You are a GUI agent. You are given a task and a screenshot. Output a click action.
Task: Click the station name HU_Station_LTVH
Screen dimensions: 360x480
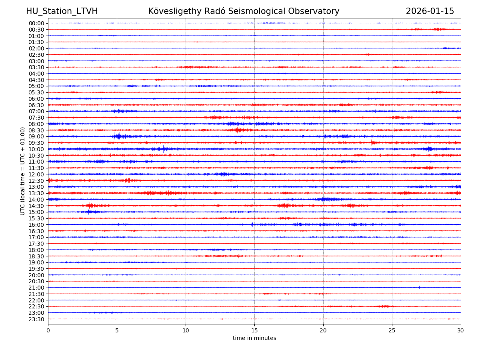coord(62,11)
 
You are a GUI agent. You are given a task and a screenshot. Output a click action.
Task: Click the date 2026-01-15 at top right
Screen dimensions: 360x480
coord(430,11)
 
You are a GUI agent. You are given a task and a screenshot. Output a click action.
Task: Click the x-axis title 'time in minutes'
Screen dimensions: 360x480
coord(254,338)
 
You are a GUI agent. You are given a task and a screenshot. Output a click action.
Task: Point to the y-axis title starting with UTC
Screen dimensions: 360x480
coord(23,171)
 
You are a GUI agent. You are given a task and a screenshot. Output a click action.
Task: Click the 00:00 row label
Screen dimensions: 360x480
coord(36,23)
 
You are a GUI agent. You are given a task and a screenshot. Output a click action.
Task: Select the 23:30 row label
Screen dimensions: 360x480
coord(36,319)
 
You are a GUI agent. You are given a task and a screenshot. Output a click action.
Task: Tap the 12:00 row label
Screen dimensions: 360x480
coord(36,174)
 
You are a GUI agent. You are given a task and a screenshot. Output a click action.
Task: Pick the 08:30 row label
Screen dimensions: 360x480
coord(36,130)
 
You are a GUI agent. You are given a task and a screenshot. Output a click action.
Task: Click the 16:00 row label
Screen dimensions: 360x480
coord(36,225)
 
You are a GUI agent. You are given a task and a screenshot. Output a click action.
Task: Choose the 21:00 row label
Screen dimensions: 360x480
coord(36,288)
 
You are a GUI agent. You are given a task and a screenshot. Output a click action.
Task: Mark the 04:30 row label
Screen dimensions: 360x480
coord(36,80)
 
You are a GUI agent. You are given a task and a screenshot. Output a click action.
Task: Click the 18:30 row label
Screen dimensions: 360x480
coord(36,256)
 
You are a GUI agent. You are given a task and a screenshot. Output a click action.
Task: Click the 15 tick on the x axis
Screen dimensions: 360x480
coord(254,330)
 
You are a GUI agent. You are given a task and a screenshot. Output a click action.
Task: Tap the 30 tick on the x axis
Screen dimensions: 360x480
coord(461,330)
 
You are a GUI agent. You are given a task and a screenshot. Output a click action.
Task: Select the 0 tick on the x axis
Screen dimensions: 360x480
coord(48,330)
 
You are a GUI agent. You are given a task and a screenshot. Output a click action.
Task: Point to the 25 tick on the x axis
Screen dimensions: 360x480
coord(392,330)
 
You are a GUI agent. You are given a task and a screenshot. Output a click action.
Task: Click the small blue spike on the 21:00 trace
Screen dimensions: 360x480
coord(419,287)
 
